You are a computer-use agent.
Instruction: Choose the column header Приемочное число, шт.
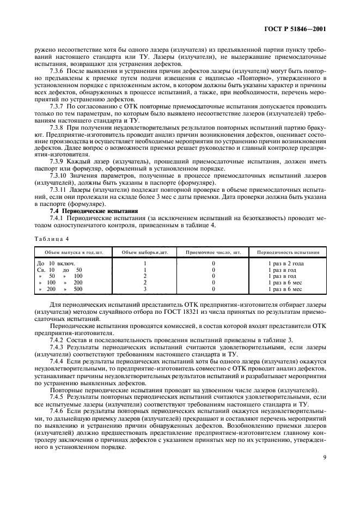click(213, 252)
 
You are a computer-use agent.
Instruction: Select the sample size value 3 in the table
click(145, 289)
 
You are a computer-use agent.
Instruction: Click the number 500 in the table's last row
click(78, 289)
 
